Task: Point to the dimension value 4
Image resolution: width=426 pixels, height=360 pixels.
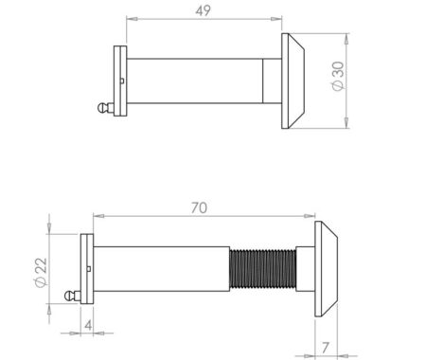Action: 86,325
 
